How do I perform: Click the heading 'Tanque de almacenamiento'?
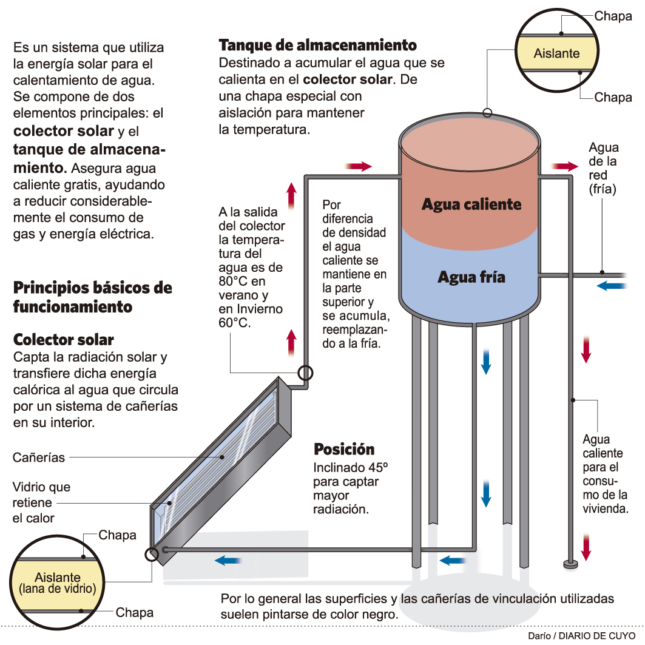(317, 46)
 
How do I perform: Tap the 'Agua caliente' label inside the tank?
(471, 204)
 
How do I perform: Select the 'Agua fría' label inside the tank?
(471, 277)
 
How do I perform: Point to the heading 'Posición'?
(344, 450)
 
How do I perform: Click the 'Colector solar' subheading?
(64, 339)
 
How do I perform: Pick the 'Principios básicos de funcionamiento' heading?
(92, 297)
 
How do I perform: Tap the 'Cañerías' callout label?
(39, 458)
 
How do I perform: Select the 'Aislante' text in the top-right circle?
(556, 53)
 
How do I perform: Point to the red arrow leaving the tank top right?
(565, 166)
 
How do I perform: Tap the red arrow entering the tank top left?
(357, 166)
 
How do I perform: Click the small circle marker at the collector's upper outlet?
(305, 372)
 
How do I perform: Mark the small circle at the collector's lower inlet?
(150, 554)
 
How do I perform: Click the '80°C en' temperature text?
(242, 282)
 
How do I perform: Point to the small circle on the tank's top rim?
(487, 112)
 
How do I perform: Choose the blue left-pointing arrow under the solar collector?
(228, 561)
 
